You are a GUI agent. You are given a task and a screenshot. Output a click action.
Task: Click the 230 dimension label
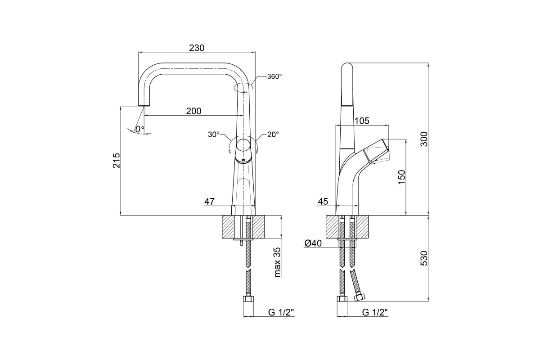click(197, 48)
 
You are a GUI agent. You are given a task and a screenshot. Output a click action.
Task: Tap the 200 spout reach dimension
click(193, 111)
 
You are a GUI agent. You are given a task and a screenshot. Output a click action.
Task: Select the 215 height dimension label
click(117, 160)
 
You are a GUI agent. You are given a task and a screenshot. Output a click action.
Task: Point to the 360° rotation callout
click(274, 76)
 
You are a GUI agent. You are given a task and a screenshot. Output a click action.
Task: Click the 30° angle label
click(214, 135)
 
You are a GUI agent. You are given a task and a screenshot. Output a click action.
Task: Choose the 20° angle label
click(273, 135)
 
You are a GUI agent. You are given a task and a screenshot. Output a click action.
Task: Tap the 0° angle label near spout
click(139, 129)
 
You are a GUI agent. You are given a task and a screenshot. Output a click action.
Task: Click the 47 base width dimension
click(209, 201)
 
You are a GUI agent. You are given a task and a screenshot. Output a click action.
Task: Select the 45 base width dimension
click(323, 201)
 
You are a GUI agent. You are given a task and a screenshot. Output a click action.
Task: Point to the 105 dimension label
click(362, 121)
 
